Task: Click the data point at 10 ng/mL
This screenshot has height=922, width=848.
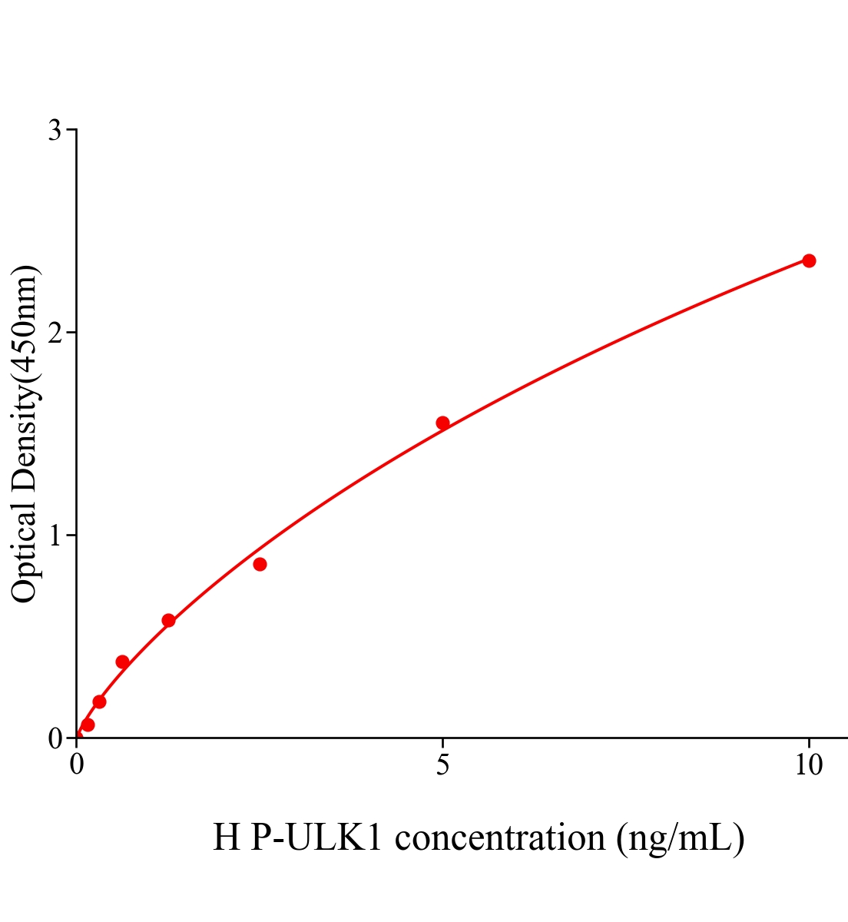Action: click(809, 260)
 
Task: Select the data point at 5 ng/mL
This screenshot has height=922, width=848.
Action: click(442, 423)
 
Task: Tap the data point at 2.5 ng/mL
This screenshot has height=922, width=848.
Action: click(260, 564)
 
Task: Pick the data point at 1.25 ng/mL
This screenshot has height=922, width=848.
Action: click(168, 620)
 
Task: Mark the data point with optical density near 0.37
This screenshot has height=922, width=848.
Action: click(122, 662)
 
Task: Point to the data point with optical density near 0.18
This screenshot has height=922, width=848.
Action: click(99, 701)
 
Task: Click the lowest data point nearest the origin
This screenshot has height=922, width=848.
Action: click(88, 725)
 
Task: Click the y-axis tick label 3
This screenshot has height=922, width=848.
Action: click(55, 131)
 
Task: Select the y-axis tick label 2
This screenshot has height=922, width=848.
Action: click(55, 333)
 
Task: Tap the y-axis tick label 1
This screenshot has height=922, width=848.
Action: click(55, 536)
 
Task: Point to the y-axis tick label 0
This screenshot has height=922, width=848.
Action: click(55, 738)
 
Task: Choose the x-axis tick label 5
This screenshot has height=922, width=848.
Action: click(442, 765)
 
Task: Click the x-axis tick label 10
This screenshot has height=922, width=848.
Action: click(808, 765)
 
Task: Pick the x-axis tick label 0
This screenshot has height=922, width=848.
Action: click(77, 765)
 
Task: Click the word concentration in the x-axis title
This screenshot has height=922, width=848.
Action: click(500, 837)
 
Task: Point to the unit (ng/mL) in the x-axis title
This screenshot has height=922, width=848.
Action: click(680, 837)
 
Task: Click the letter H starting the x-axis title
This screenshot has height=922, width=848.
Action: click(227, 837)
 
